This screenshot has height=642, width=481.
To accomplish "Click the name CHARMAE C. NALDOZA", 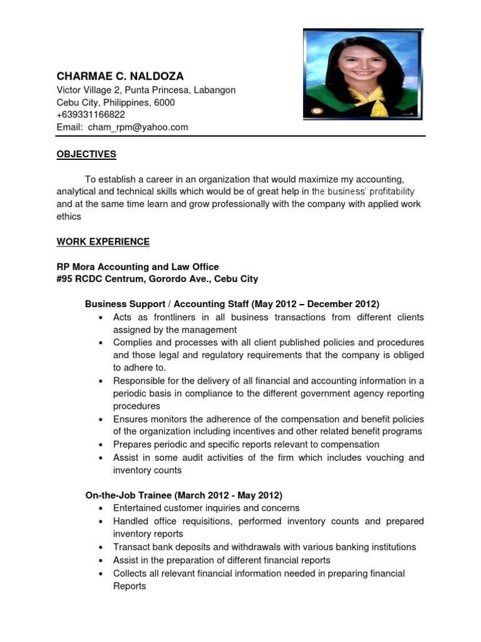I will click(120, 76).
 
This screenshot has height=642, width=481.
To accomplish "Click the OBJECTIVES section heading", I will click(86, 154).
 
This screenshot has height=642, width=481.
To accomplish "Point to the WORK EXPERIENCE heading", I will click(103, 241).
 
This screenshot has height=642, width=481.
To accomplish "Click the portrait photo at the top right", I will click(363, 75).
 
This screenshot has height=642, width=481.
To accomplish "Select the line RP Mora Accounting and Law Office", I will click(138, 267).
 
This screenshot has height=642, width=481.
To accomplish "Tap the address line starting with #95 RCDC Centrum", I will click(157, 279).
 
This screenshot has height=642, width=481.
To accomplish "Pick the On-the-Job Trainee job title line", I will click(184, 495).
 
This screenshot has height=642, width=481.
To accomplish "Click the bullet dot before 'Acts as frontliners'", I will click(101, 318).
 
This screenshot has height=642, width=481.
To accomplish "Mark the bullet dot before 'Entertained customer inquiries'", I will click(101, 508).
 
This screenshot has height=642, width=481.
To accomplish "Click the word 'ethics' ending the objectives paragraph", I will click(69, 216).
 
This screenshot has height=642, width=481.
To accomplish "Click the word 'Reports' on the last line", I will click(130, 586).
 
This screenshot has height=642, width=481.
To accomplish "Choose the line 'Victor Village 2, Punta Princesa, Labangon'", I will click(146, 90).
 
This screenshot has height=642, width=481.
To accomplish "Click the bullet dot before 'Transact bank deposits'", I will click(101, 547).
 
